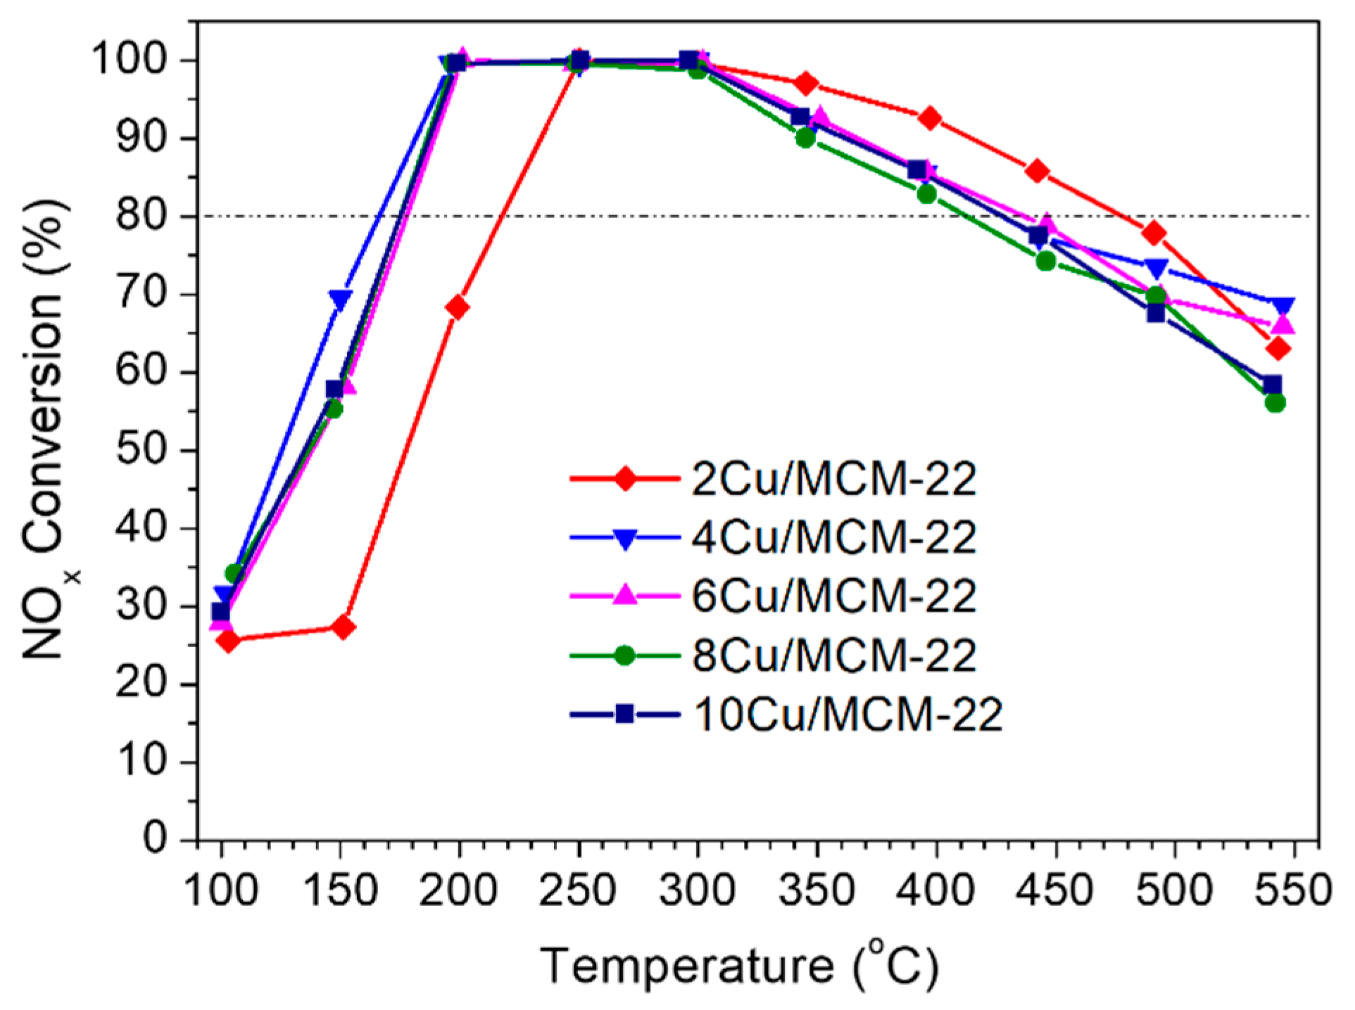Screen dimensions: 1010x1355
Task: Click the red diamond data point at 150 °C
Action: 344,627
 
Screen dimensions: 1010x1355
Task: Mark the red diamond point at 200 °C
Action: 458,307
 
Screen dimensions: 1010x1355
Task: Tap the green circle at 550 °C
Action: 1275,403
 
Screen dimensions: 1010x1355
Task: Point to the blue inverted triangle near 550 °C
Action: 1282,305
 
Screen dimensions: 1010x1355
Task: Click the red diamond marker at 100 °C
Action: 228,640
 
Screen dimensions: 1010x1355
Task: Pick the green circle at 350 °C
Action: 805,138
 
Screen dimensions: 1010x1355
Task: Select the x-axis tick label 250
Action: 578,890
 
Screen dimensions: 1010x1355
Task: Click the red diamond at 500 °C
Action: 1154,233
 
